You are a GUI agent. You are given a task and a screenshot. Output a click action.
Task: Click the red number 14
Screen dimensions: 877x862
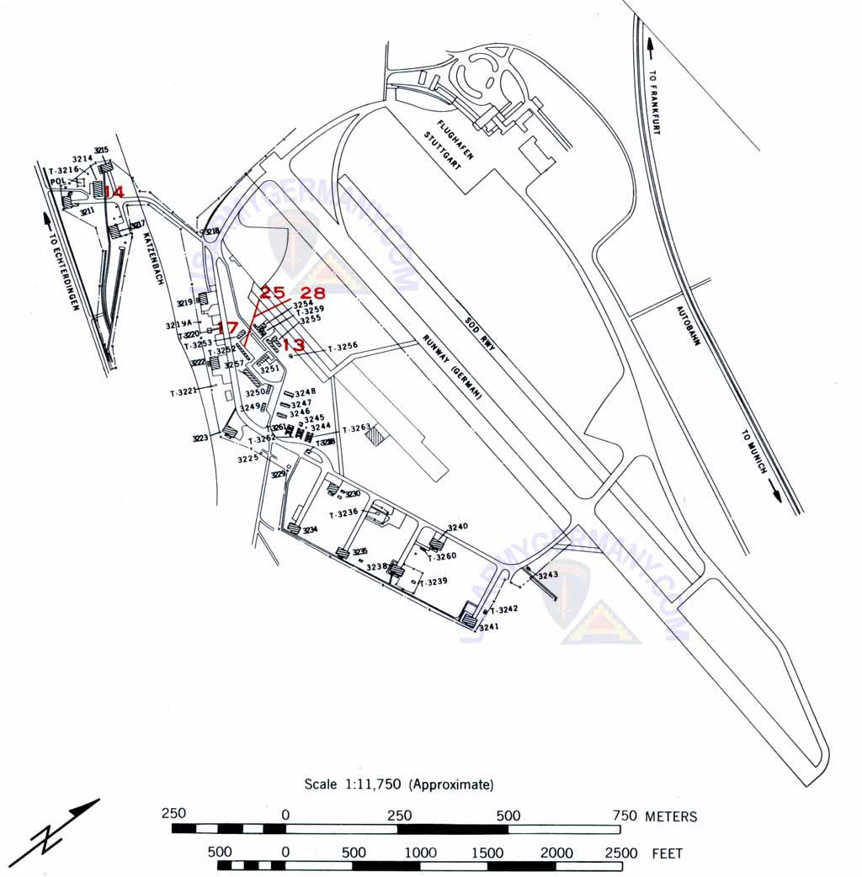click(x=114, y=192)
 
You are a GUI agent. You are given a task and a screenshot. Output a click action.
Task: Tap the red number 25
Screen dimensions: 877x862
click(x=272, y=293)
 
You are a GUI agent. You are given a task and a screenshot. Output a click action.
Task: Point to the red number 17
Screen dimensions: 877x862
click(x=227, y=327)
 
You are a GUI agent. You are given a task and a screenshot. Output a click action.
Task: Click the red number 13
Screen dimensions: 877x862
click(x=293, y=344)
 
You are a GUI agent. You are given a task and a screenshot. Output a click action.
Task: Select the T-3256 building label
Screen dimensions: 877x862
click(x=343, y=346)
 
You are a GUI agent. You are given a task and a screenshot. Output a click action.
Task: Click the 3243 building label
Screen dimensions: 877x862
click(x=548, y=575)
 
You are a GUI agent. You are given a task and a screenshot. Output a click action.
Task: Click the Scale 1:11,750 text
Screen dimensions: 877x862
click(x=399, y=784)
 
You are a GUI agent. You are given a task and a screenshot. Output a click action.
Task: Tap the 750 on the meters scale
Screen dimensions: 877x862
click(x=624, y=816)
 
